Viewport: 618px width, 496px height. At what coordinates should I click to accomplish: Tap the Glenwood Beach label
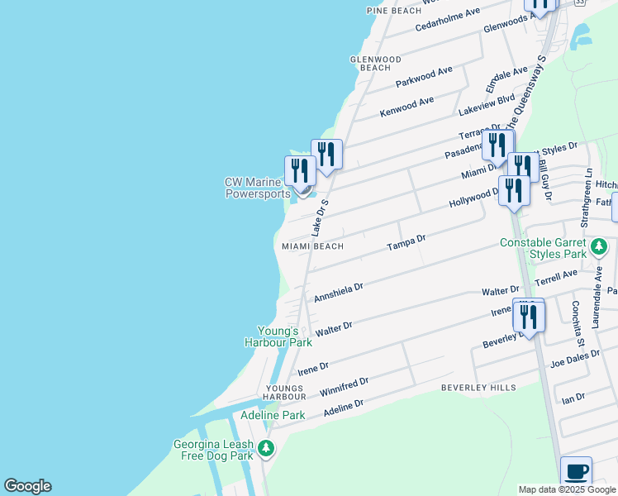point(376,64)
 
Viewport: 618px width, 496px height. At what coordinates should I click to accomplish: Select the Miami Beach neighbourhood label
point(312,246)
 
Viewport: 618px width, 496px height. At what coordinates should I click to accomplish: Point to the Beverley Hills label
point(478,387)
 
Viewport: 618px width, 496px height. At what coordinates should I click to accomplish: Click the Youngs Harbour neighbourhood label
point(284,393)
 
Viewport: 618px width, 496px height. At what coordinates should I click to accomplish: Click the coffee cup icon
point(577,472)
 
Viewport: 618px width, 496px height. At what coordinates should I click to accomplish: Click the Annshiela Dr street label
point(339,290)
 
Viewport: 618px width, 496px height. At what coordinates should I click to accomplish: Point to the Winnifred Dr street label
point(344,385)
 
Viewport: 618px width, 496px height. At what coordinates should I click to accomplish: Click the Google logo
point(27,486)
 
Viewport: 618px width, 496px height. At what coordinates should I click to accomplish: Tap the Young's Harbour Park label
point(278,336)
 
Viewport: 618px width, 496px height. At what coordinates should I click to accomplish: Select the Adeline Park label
point(273,415)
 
